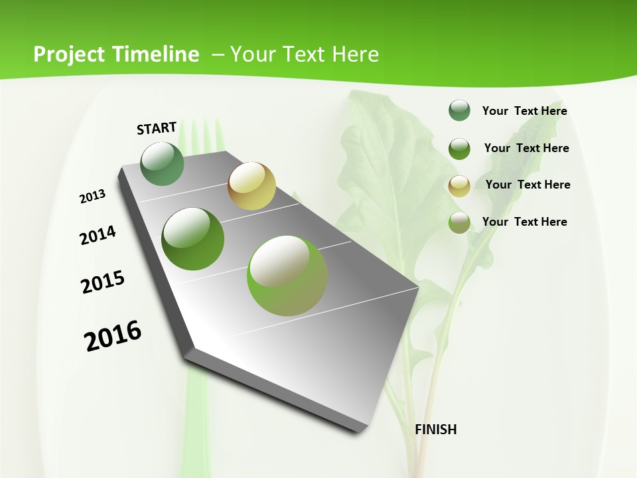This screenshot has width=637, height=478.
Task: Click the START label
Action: [157, 128]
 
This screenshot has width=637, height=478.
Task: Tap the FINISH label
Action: [435, 430]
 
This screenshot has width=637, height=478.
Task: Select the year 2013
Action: [93, 197]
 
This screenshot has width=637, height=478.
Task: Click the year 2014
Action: [98, 235]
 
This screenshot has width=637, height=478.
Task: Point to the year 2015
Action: [103, 282]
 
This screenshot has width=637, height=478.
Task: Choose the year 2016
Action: [113, 335]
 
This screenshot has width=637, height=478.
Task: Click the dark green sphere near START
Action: [162, 163]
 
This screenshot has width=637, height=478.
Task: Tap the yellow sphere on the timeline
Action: [251, 185]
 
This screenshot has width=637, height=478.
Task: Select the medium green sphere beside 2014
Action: [193, 238]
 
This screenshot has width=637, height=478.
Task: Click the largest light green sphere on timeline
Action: [287, 276]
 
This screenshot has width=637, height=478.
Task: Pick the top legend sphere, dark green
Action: [459, 110]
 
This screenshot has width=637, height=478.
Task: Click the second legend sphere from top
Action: [459, 148]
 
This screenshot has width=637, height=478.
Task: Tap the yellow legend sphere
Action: [459, 185]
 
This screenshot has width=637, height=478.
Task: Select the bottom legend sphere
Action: [459, 222]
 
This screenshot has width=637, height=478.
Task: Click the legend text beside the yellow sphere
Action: [528, 185]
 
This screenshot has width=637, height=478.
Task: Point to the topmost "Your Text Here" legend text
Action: [524, 111]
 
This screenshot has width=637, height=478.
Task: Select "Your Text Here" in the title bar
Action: [305, 54]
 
